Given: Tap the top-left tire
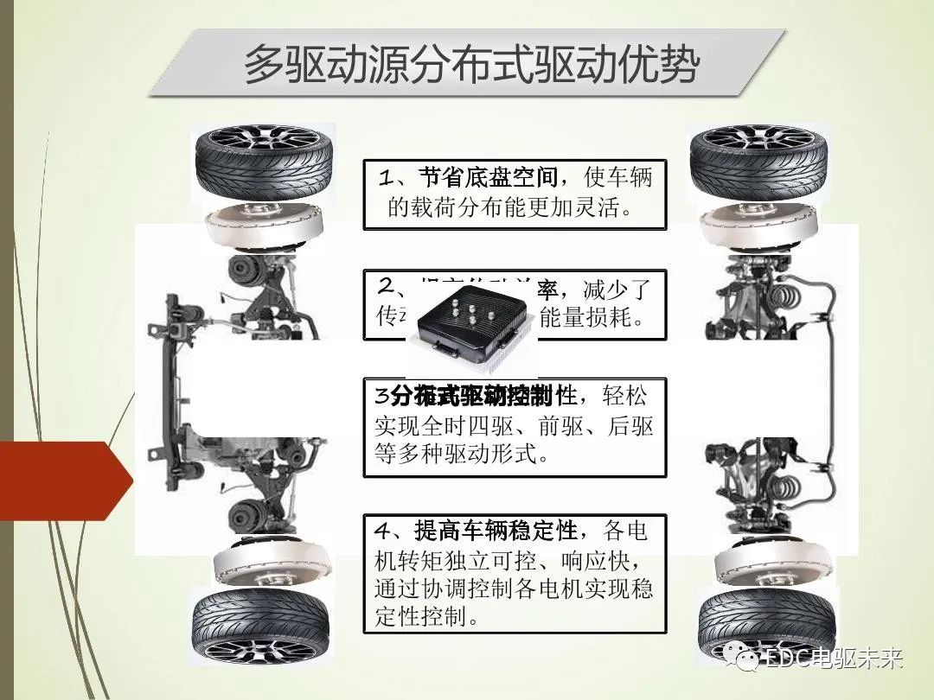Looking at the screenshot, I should [263, 164].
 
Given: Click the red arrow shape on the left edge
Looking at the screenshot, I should [61, 480].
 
